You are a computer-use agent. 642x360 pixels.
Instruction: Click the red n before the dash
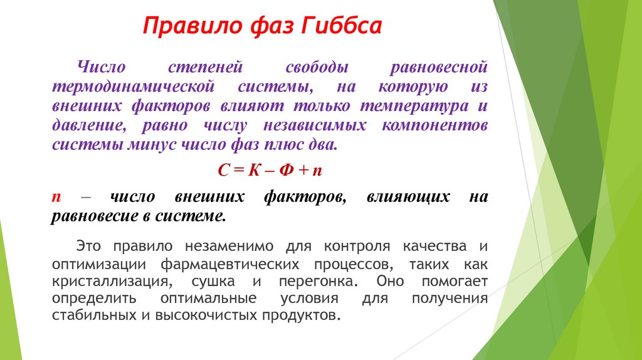coord(56,197)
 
